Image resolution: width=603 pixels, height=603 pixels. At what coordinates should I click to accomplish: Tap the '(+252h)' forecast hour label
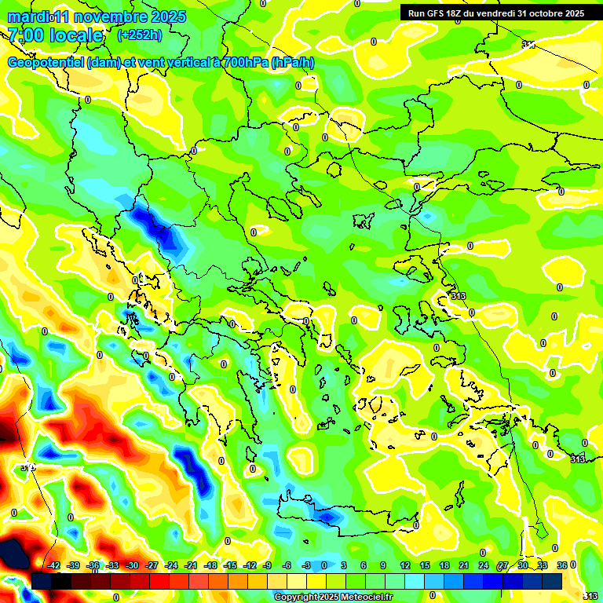140,35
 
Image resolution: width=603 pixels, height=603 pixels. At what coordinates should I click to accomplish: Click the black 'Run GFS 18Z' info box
495,13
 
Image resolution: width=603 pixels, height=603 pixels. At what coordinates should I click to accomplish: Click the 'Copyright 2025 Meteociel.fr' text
333,598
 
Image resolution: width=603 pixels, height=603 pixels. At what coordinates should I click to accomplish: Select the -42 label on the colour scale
53,565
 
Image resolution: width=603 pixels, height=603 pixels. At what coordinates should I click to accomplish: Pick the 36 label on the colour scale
562,565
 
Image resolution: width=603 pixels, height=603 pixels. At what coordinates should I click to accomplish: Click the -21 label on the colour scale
191,565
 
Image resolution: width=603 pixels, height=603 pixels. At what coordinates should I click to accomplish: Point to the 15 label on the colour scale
425,565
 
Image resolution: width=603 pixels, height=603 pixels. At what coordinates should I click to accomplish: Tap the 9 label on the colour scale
383,565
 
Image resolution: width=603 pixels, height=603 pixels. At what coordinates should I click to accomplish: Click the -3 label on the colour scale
305,565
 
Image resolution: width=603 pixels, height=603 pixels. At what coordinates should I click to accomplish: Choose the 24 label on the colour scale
484,565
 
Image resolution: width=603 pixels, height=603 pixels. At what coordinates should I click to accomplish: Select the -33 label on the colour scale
112,565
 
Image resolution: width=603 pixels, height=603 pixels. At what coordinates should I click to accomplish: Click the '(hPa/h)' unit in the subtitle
292,62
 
